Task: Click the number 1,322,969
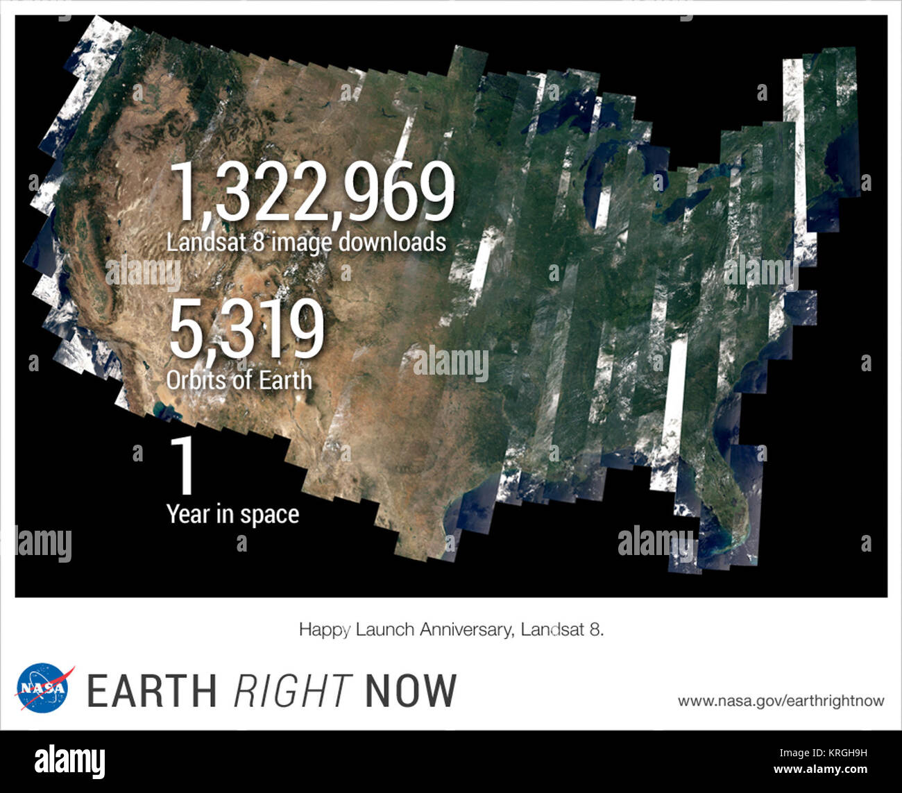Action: [x=312, y=191]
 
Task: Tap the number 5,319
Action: [x=246, y=330]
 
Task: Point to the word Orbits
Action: [x=196, y=380]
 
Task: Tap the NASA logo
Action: [x=44, y=687]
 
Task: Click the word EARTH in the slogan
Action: [x=152, y=691]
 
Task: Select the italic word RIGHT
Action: [x=292, y=691]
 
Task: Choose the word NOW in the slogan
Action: [x=411, y=691]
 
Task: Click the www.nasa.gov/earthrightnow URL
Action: [x=781, y=701]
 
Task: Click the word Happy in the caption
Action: [x=324, y=630]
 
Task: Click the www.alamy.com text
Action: [x=820, y=769]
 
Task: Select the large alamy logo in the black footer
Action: [x=70, y=761]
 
